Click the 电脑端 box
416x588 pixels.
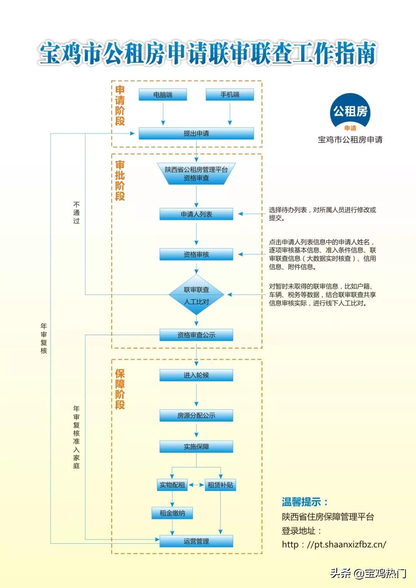(163, 95)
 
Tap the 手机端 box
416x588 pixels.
(230, 95)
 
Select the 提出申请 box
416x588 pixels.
(196, 134)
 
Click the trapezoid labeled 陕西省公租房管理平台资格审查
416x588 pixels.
(196, 174)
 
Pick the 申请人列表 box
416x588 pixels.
(196, 214)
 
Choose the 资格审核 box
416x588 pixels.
(196, 255)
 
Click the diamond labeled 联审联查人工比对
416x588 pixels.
(196, 295)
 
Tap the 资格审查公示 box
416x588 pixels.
(196, 335)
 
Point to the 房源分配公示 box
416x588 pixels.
(196, 415)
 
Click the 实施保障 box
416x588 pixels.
(196, 447)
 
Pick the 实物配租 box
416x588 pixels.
(172, 485)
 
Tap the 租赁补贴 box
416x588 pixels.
(220, 485)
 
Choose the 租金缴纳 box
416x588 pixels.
(172, 513)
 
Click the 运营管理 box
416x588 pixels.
(196, 541)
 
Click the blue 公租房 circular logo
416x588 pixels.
(350, 112)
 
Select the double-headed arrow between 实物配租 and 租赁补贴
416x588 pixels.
(196, 485)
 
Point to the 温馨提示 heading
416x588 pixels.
(305, 502)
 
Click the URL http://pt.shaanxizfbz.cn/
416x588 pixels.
(334, 544)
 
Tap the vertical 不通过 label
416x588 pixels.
(76, 213)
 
